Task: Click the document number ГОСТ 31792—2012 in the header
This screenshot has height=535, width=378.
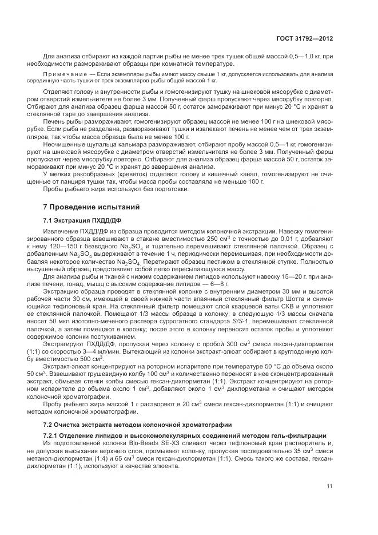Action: tap(305, 38)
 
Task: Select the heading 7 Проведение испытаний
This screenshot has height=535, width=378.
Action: tap(86, 207)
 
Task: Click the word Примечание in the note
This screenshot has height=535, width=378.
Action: tap(66, 75)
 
